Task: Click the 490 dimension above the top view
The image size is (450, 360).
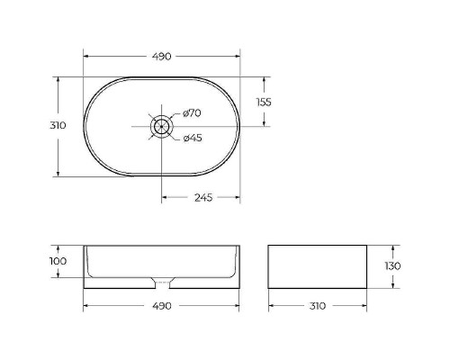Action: pyautogui.click(x=162, y=57)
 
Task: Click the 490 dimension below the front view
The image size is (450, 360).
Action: pyautogui.click(x=162, y=306)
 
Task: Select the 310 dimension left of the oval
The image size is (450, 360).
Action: pyautogui.click(x=58, y=125)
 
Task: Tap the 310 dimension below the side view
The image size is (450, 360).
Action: pyautogui.click(x=318, y=306)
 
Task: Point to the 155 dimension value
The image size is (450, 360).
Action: pyautogui.click(x=264, y=103)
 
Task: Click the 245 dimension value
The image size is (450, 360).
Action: pyautogui.click(x=203, y=198)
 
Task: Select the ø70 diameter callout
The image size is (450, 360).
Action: pyautogui.click(x=192, y=113)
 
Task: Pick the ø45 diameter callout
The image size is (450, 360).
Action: pyautogui.click(x=193, y=138)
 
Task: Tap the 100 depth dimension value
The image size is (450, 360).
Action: pyautogui.click(x=58, y=261)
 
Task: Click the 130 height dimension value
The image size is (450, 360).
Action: pyautogui.click(x=392, y=265)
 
